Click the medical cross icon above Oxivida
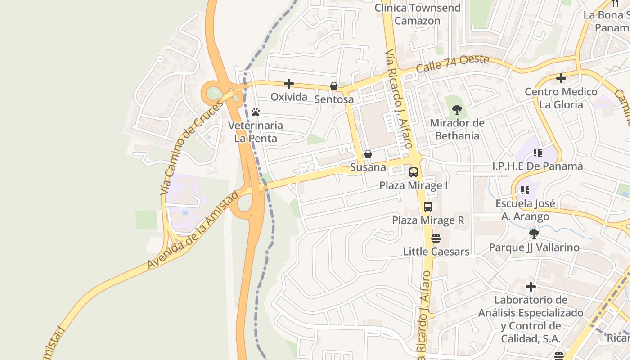[x=289, y=84]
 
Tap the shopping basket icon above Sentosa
[x=334, y=86]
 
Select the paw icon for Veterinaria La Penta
[x=256, y=112]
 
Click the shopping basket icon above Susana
[x=368, y=154]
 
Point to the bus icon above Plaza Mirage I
[x=413, y=172]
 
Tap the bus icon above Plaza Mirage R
[x=427, y=207]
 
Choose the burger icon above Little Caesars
[x=436, y=238]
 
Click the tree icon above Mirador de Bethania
[x=457, y=109]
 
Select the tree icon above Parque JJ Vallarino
[x=534, y=234]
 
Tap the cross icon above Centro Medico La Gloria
[x=561, y=78]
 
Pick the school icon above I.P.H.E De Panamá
[x=537, y=153]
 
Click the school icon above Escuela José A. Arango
[x=525, y=190]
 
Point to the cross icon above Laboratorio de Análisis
[x=531, y=287]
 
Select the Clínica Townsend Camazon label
[x=418, y=14]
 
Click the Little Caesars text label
[x=436, y=252]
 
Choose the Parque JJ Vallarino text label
[x=534, y=247]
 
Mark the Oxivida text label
[x=289, y=97]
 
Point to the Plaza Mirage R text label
[x=428, y=220]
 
